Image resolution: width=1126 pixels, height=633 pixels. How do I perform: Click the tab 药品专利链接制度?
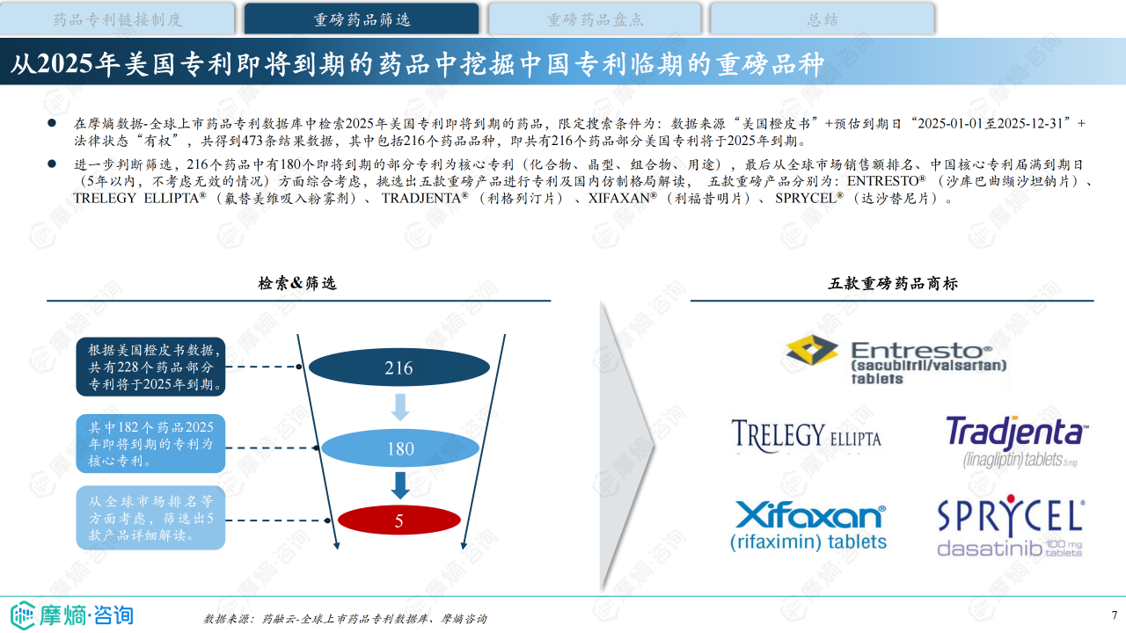click(x=118, y=18)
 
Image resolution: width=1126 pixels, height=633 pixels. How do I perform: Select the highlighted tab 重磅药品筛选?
click(x=362, y=18)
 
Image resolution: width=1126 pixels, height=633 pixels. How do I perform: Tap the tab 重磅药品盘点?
click(x=595, y=18)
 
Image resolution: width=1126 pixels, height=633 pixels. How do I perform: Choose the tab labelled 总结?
click(x=822, y=18)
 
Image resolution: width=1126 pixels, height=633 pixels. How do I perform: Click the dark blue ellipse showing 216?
click(x=398, y=368)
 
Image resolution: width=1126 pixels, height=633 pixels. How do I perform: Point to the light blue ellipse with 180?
click(x=399, y=448)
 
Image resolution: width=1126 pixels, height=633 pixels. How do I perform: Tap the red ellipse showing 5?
click(x=398, y=520)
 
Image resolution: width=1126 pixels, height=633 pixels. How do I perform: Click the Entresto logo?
click(x=896, y=359)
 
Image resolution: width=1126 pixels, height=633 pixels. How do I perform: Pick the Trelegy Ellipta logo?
click(x=806, y=434)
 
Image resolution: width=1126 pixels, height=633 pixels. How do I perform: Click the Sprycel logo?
click(x=1010, y=527)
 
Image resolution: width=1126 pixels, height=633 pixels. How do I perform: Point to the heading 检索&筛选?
click(x=297, y=283)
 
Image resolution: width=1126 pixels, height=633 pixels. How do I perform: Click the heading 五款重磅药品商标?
click(x=893, y=283)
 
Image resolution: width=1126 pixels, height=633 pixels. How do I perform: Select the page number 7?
click(x=1114, y=615)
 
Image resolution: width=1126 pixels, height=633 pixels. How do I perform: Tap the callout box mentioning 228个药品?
click(x=150, y=367)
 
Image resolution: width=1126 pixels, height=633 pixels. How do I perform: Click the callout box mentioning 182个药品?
click(x=150, y=443)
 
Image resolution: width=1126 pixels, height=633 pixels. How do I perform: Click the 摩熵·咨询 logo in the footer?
click(x=72, y=615)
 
